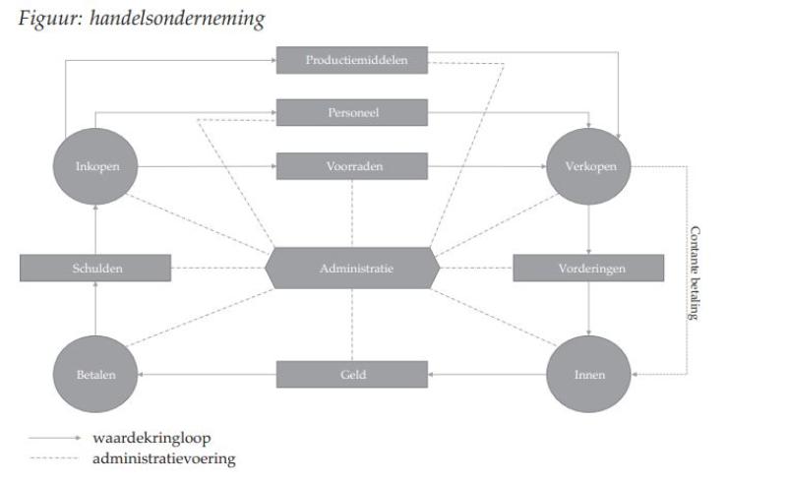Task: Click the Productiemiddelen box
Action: click(x=352, y=60)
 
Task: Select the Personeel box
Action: click(x=352, y=113)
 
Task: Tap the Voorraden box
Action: click(x=352, y=166)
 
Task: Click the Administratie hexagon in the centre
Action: click(x=352, y=268)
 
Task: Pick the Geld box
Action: click(x=352, y=375)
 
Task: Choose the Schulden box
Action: click(x=95, y=268)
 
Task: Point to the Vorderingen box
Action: click(x=588, y=268)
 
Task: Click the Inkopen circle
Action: click(x=96, y=166)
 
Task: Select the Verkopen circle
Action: click(x=588, y=166)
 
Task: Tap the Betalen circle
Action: click(x=96, y=375)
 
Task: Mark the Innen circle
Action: click(x=588, y=375)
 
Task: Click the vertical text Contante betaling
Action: click(x=695, y=272)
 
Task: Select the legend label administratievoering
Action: click(x=163, y=458)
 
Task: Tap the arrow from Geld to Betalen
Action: click(x=207, y=375)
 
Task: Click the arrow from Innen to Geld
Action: click(x=487, y=375)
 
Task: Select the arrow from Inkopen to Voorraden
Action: click(x=207, y=166)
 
